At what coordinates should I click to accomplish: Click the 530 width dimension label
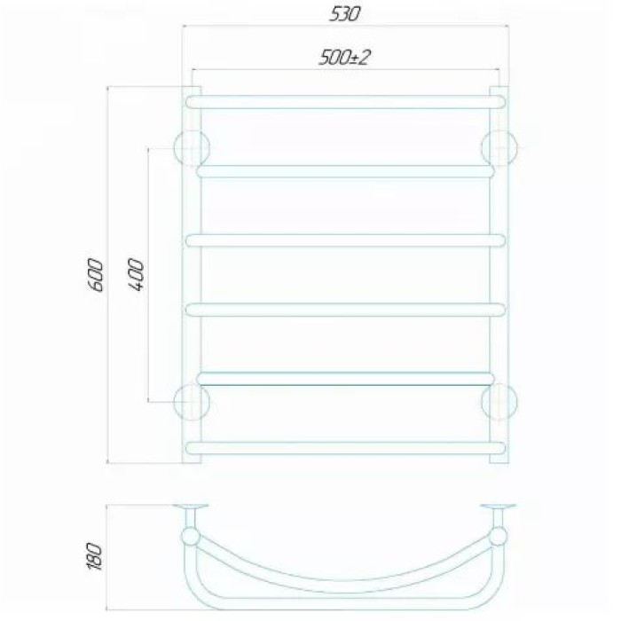pos(345,14)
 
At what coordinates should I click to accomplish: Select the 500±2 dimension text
pos(345,58)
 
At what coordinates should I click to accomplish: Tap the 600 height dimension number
pos(96,275)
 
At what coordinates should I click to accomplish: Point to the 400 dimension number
pos(137,275)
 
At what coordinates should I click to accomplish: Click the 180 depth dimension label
pos(95,556)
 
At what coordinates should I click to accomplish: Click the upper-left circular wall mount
pos(192,148)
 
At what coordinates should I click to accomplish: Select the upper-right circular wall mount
pos(499,148)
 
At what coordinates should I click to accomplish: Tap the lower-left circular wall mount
pos(192,402)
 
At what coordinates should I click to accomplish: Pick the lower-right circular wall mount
pos(499,402)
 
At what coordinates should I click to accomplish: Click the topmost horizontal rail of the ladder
pos(346,102)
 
